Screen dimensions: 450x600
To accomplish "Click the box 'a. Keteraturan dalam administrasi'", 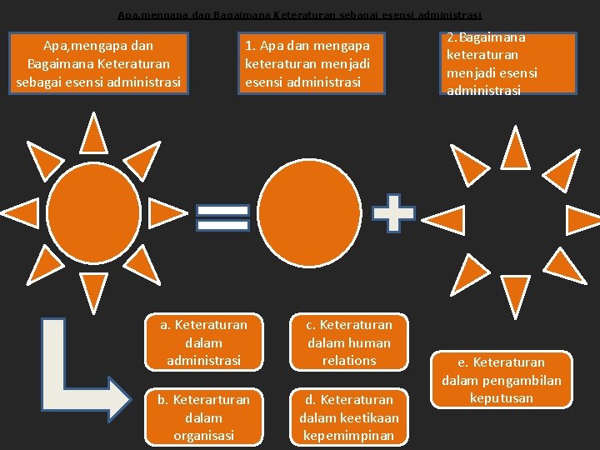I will [203, 342].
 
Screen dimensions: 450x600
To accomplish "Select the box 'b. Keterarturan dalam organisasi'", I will [203, 417].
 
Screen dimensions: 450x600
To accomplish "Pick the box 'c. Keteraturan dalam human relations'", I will [349, 342].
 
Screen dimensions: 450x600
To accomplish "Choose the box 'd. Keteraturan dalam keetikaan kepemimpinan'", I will [349, 417].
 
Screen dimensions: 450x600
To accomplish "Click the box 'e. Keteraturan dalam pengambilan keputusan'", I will [501, 380].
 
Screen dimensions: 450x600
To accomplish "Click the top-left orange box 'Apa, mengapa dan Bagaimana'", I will [98, 63].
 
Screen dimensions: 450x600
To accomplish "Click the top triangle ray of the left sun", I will [94, 132].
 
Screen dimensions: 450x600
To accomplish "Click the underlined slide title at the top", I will [300, 14].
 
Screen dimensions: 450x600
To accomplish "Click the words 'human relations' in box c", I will [349, 352].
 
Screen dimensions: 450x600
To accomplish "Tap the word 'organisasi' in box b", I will [203, 435].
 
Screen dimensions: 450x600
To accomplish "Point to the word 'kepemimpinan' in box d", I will [349, 436].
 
